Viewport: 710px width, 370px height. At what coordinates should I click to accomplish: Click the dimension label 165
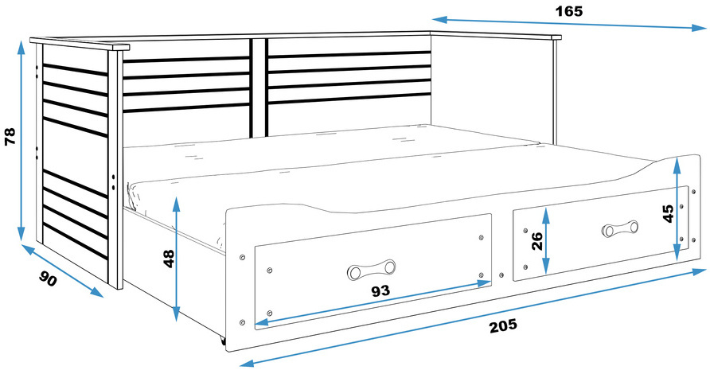pyautogui.click(x=569, y=11)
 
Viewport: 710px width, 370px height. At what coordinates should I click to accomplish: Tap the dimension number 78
pyautogui.click(x=10, y=136)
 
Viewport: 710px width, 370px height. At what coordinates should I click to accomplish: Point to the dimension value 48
pyautogui.click(x=169, y=259)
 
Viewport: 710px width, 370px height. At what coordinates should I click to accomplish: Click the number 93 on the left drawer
pyautogui.click(x=380, y=290)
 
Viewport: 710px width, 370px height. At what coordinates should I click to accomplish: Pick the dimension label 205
pyautogui.click(x=502, y=325)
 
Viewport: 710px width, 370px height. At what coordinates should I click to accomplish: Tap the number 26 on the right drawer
pyautogui.click(x=537, y=241)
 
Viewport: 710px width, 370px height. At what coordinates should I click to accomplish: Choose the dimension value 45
pyautogui.click(x=669, y=214)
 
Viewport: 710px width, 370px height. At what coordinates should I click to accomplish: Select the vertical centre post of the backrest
pyautogui.click(x=259, y=88)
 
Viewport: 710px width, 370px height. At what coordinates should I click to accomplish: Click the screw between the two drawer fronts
pyautogui.click(x=501, y=275)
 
